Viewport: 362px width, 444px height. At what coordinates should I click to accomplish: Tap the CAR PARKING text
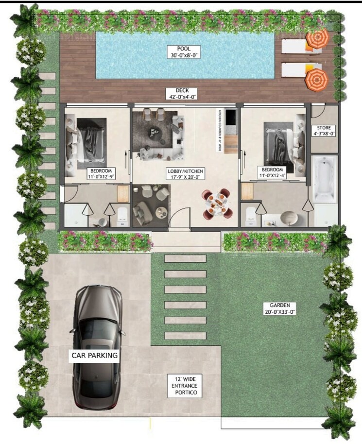[95, 355]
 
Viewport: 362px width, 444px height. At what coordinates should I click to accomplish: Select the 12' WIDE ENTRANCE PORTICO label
[184, 385]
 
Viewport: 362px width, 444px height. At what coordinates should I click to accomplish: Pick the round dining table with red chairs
[217, 203]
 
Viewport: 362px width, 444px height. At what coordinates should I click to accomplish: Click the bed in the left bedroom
[88, 141]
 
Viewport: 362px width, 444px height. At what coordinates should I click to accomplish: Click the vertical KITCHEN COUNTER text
[220, 131]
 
